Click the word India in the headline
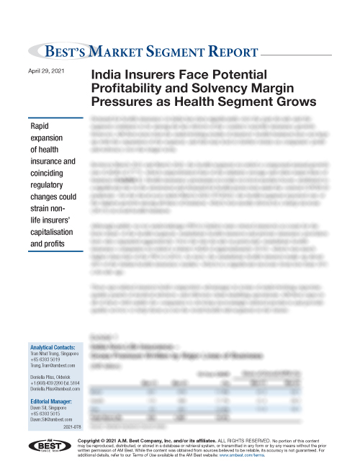[105, 75]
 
